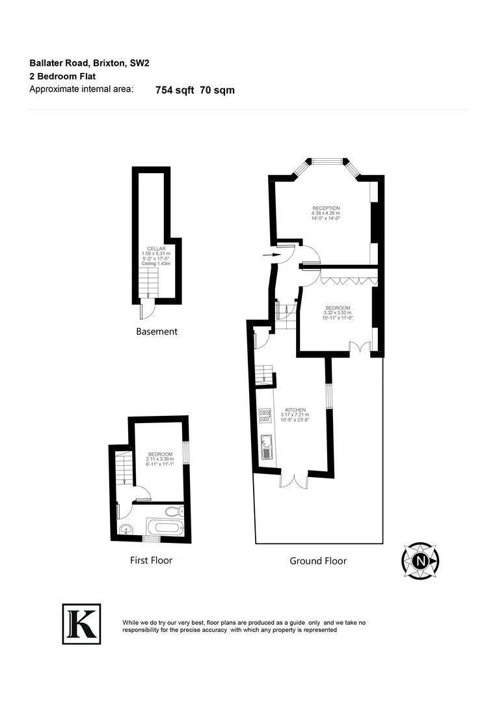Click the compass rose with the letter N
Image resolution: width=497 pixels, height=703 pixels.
point(421,560)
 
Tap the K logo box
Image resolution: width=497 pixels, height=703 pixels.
point(81,624)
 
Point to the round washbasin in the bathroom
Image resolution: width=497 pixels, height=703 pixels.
point(126,529)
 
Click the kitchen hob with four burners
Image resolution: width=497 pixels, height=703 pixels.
point(265,415)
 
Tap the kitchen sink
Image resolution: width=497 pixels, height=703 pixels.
point(265,447)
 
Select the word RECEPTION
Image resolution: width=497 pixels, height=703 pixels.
point(326,208)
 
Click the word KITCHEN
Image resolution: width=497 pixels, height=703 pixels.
point(294,410)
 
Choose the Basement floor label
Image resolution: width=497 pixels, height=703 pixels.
point(156,331)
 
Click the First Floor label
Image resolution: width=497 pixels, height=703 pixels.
point(150,560)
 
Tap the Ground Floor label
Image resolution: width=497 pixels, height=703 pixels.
point(317,560)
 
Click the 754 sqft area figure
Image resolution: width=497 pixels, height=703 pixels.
point(174,90)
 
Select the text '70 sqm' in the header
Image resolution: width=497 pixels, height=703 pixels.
point(217,90)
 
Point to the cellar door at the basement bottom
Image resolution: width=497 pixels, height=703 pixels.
point(147,309)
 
